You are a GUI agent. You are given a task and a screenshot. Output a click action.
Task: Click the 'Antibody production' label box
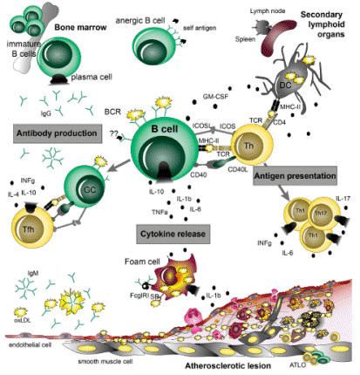[x=55, y=133]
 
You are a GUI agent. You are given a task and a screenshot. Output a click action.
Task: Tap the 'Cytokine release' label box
[x=167, y=234]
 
